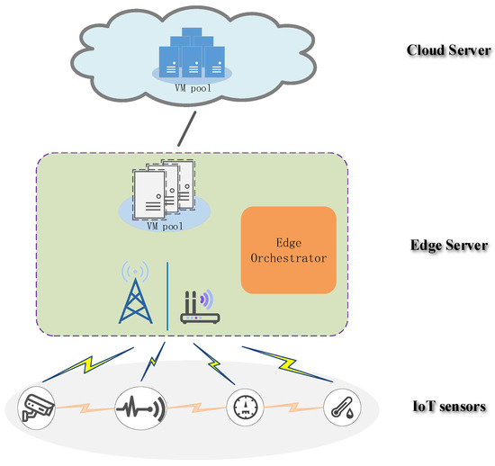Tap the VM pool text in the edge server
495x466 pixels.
pos(165,227)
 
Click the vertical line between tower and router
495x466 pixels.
pos(167,294)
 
